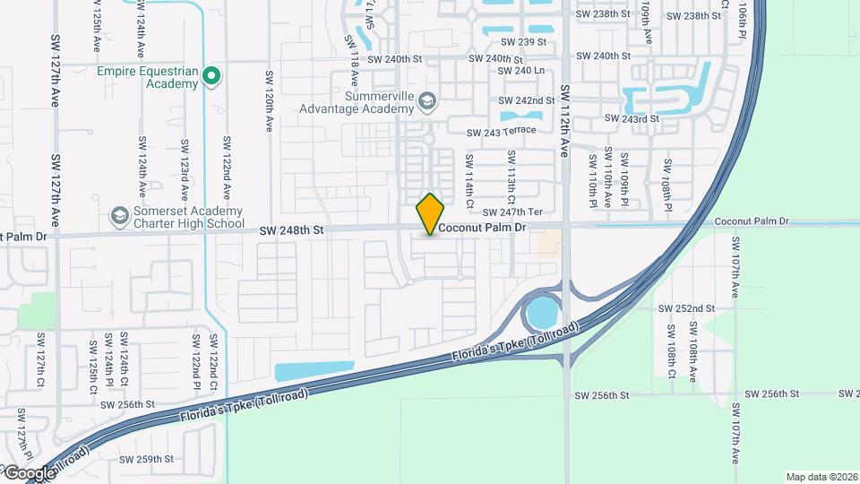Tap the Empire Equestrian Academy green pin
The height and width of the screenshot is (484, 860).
point(211,76)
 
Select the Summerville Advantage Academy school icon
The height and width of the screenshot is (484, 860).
point(426,100)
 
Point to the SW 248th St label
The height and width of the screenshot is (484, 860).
point(291,230)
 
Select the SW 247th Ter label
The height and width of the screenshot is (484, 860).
point(513,212)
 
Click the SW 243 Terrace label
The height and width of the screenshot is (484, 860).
point(501,131)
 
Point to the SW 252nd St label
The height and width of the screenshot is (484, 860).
point(686,307)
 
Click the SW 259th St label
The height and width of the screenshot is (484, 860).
point(150,459)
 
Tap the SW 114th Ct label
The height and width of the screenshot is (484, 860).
point(469,176)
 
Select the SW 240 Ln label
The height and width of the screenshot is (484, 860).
point(520,70)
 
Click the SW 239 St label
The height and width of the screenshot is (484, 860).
point(523,41)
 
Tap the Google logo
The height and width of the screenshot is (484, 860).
point(29,472)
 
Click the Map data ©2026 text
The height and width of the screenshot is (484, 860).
point(821,477)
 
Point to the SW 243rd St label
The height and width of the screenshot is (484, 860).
point(632,118)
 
